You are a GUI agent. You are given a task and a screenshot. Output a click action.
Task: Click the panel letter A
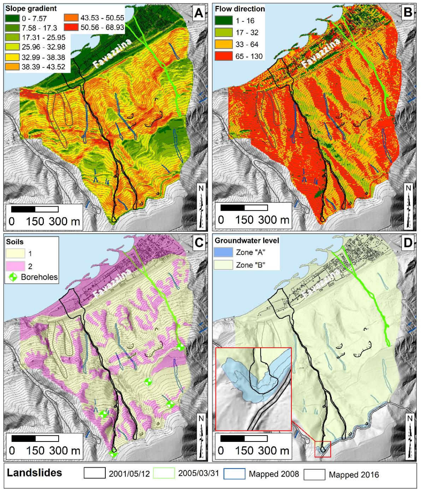tap(199, 13)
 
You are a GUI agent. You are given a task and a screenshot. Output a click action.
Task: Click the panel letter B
tap(408, 13)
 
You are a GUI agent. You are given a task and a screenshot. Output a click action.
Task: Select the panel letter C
tap(199, 242)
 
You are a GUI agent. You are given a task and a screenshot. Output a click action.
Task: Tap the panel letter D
tap(408, 242)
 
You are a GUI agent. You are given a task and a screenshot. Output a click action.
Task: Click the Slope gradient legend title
tap(31, 8)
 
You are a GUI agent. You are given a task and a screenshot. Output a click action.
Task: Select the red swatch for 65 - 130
tap(224, 56)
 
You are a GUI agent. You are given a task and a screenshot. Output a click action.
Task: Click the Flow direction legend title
tap(240, 9)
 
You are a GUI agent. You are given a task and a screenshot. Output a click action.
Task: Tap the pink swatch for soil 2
tap(15, 266)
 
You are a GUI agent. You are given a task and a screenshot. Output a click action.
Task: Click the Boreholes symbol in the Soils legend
tap(12, 277)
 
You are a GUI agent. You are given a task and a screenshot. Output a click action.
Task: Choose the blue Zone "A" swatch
tap(224, 252)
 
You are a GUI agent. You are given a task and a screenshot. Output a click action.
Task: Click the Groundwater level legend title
tap(247, 241)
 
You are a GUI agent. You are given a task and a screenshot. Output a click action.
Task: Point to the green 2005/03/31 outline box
tap(164, 473)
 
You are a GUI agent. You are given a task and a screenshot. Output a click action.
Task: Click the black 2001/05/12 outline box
tap(94, 473)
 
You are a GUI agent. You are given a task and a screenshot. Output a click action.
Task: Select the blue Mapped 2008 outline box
tap(234, 474)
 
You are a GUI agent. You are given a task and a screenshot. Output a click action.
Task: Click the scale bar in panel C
tap(35, 439)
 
